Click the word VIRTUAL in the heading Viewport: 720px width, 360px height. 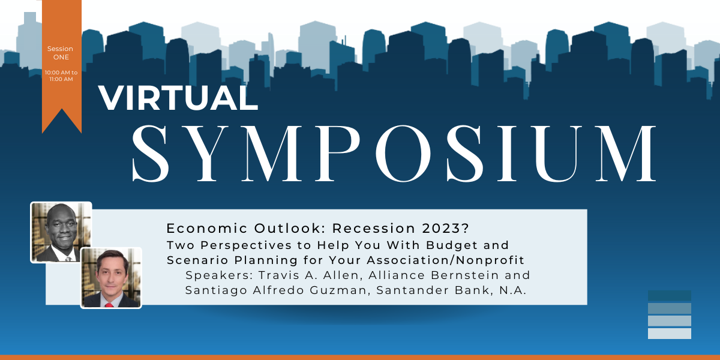[178, 98]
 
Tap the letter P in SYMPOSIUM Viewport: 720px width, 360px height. [338, 154]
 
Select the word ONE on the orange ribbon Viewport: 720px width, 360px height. [61, 57]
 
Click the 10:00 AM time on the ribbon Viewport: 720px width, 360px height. [57, 73]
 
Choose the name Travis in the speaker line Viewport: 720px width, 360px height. [279, 275]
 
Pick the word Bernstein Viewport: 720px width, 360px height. [465, 275]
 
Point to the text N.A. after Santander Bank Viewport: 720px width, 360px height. [512, 290]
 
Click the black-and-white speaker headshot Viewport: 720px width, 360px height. [61, 232]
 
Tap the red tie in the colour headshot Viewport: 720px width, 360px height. [109, 305]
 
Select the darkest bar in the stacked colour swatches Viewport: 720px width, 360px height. [669, 296]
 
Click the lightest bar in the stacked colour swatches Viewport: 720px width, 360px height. [669, 334]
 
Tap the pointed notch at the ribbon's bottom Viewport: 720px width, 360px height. [62, 109]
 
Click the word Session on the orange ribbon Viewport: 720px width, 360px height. [60, 49]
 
